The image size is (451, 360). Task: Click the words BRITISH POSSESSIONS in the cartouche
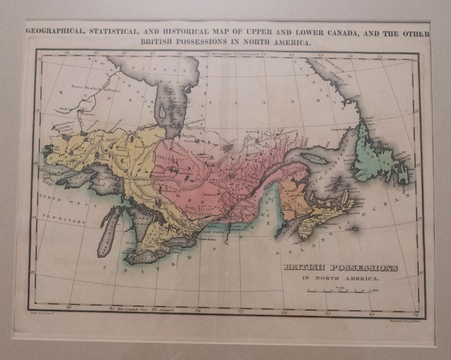(x=340, y=268)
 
